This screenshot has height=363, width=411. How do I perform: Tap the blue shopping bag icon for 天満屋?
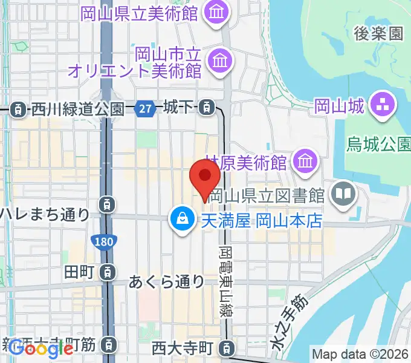point(181,220)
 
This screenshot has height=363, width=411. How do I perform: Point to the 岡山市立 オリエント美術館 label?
point(135,62)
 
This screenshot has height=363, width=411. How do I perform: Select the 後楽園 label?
point(378,34)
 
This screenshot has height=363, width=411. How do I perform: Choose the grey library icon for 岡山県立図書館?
point(343,194)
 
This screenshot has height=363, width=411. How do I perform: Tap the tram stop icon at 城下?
point(207,108)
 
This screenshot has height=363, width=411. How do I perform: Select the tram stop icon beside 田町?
point(107,272)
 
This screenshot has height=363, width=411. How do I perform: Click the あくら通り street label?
point(167,281)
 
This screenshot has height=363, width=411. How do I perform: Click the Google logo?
point(41,349)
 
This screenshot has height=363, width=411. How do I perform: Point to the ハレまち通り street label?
point(45,214)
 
